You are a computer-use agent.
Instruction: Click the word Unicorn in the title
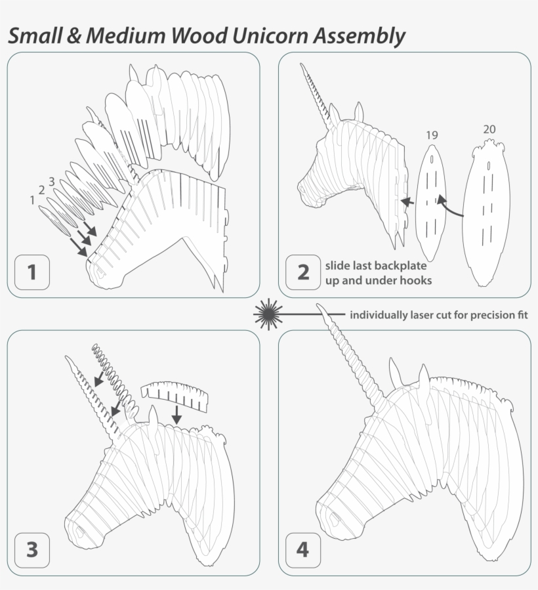pos(269,36)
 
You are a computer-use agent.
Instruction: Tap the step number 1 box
pos(31,272)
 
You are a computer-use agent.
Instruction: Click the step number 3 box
pos(31,549)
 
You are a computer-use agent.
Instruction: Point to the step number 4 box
pos(302,549)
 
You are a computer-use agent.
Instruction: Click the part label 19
pos(431,135)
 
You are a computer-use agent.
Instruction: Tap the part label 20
pos(489,129)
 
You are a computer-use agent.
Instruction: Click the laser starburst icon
pos(268,314)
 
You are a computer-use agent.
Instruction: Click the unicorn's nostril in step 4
pos(335,519)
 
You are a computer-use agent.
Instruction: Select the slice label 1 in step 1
pos(32,200)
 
